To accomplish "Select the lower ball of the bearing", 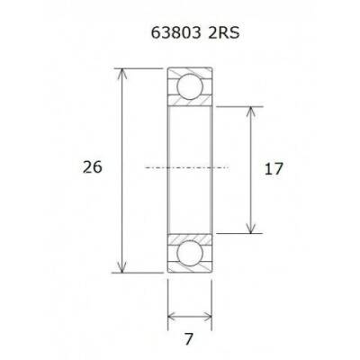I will pos(189,253).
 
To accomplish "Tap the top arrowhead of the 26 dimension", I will pos(121,72).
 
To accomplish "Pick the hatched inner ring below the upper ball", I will pos(189,103).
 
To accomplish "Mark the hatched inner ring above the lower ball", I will pos(189,236).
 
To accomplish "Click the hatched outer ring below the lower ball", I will pos(189,268).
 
